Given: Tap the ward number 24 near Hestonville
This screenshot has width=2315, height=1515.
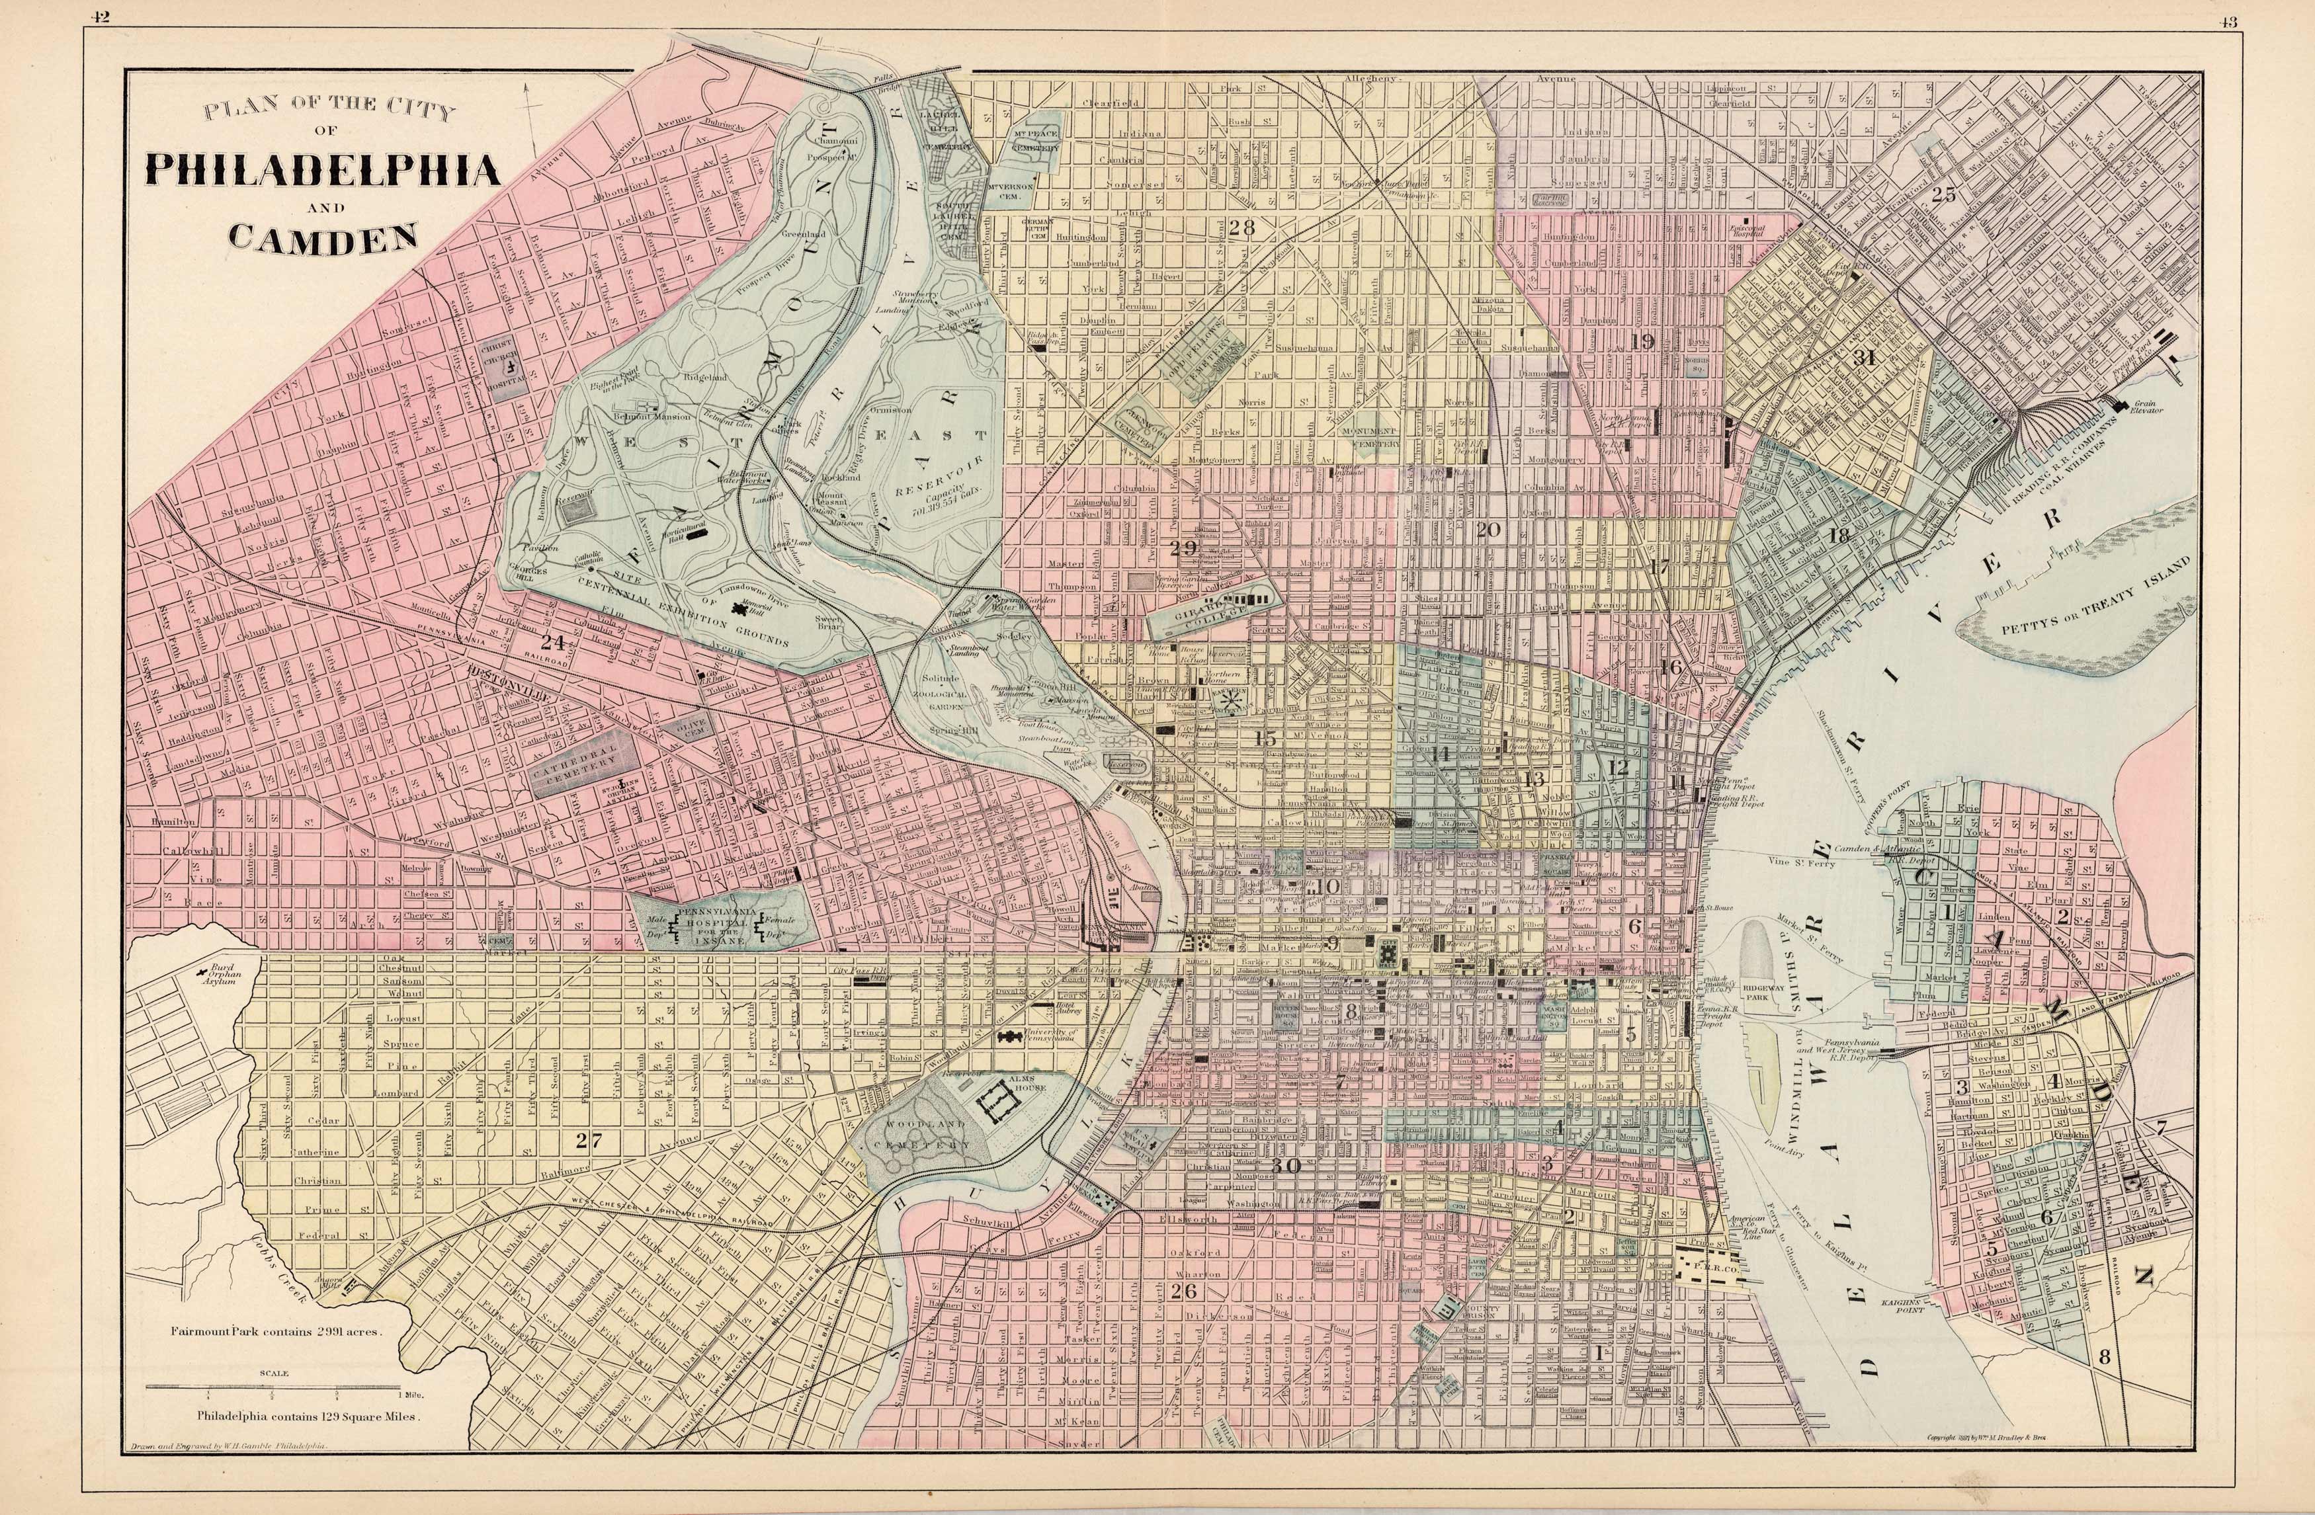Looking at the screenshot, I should coord(552,642).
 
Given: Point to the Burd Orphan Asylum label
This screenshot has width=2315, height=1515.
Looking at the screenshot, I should coord(219,975).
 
